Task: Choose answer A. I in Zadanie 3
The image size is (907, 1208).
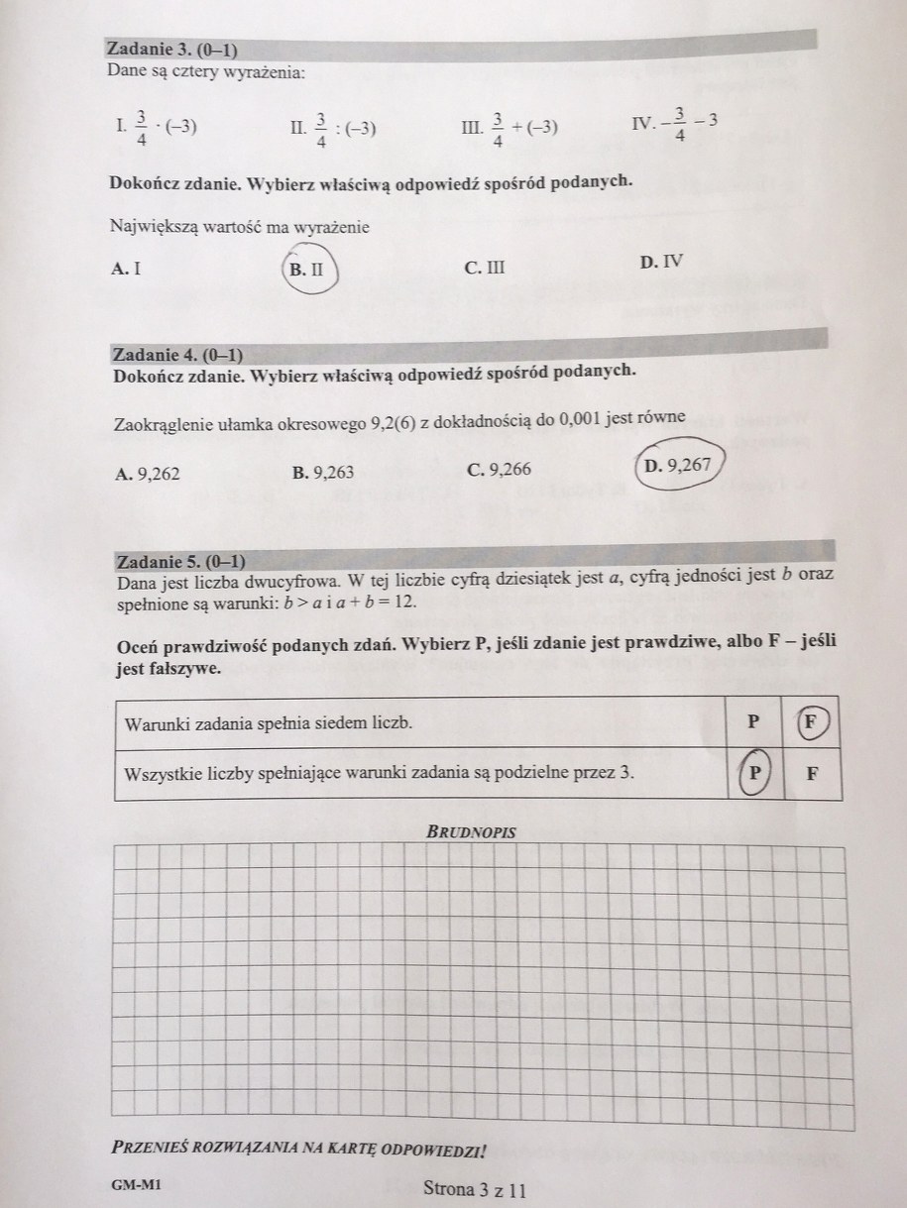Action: pos(127,268)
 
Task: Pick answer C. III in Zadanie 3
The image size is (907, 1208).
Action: pos(484,267)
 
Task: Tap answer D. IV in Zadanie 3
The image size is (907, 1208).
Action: pos(661,262)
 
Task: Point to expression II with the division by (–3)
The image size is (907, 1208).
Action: pos(332,127)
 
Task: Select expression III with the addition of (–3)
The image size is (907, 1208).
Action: pos(510,127)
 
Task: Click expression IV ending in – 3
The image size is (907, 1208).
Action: pos(675,123)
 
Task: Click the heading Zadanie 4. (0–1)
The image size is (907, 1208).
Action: pos(178,354)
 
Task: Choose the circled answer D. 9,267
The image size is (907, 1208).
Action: pos(677,464)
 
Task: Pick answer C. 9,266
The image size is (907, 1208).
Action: pos(499,469)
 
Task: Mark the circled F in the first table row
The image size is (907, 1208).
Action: pos(810,720)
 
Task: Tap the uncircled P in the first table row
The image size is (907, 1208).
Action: pos(753,721)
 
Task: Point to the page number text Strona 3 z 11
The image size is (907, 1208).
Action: pos(474,1187)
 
